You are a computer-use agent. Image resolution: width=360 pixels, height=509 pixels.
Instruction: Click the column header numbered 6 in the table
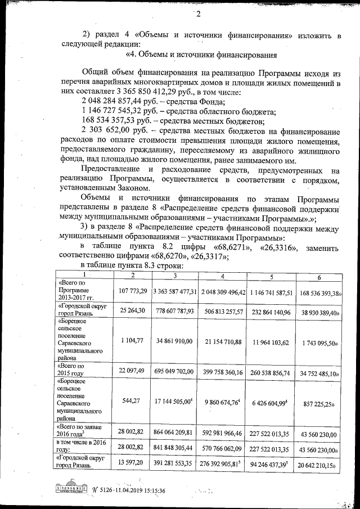(318, 276)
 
